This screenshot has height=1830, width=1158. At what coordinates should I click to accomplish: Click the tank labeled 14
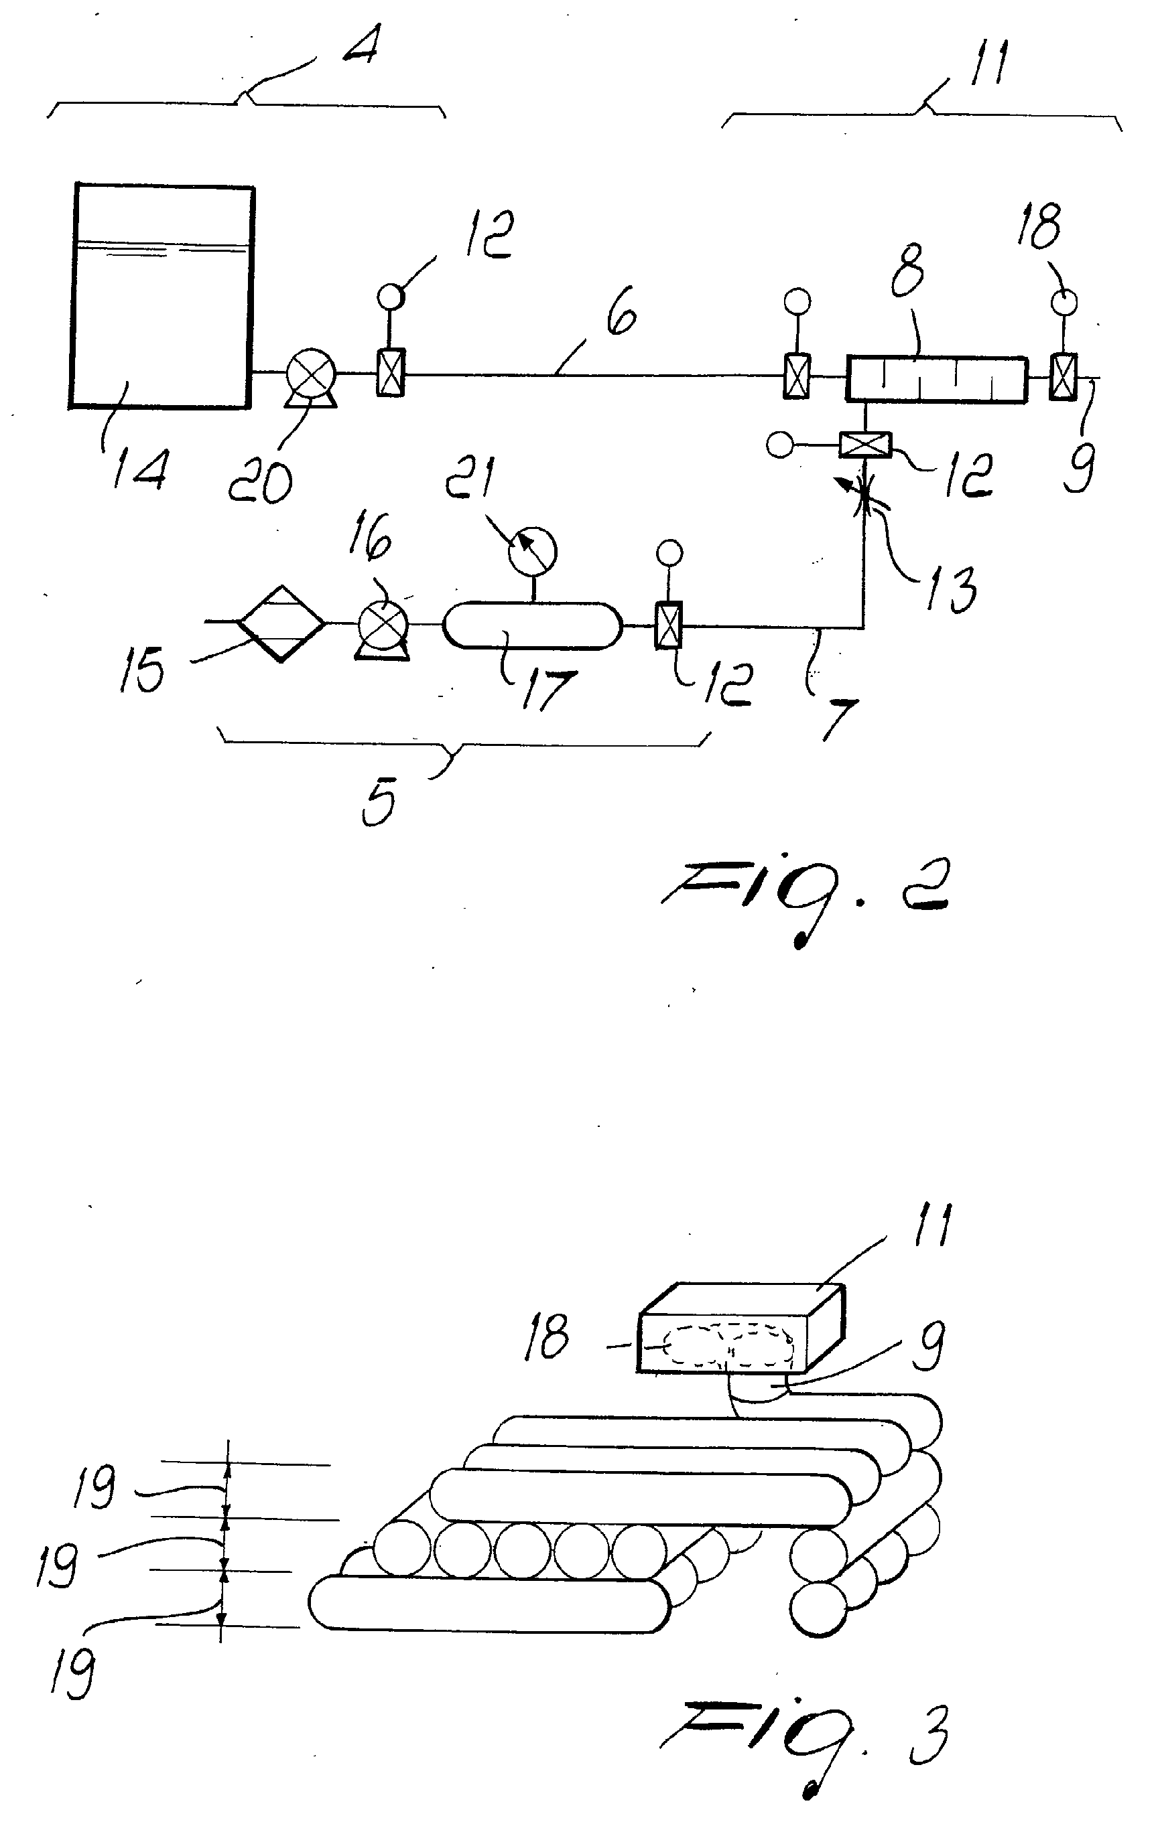tap(162, 296)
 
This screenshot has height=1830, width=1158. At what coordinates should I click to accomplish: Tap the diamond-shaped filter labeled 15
tap(282, 624)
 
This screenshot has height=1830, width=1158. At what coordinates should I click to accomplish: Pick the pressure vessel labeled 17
tap(532, 625)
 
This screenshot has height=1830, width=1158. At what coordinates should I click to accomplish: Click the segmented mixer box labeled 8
tap(937, 378)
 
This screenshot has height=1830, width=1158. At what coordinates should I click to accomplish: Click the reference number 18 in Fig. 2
tap(1038, 225)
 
